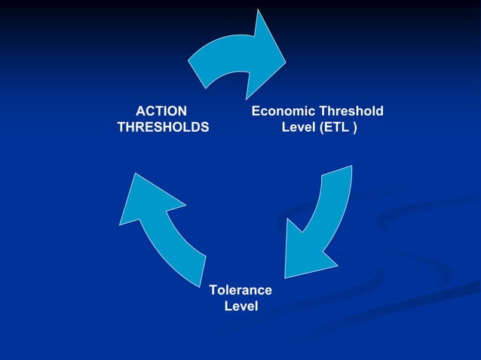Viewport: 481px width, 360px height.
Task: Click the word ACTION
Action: [162, 111]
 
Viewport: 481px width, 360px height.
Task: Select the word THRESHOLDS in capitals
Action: [163, 127]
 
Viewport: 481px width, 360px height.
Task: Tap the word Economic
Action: [282, 111]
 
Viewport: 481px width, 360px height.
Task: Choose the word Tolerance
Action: [240, 290]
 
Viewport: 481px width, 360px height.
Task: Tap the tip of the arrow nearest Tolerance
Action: [287, 276]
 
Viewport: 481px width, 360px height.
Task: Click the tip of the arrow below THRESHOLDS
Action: [136, 175]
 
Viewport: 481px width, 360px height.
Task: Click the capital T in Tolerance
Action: [213, 290]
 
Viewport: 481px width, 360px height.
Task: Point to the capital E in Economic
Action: [256, 111]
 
